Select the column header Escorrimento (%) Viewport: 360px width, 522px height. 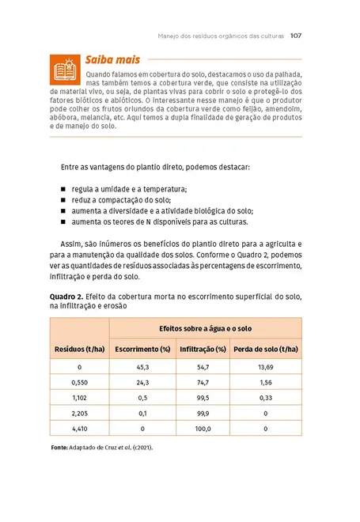pos(143,349)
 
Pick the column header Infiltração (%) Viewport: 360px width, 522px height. pos(203,349)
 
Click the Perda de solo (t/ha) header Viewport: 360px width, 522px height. pos(265,349)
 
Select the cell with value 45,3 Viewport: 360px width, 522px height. pos(143,368)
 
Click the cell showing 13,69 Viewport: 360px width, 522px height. pos(265,368)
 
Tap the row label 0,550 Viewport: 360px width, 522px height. pos(80,383)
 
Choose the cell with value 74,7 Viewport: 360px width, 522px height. pos(203,383)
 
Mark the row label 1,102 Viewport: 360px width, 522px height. pos(80,398)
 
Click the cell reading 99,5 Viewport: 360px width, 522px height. pos(203,398)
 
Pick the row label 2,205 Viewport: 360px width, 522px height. pos(80,413)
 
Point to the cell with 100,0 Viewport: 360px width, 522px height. pos(203,429)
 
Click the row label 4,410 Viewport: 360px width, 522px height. pos(80,429)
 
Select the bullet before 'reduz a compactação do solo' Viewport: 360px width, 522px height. pos(63,201)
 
